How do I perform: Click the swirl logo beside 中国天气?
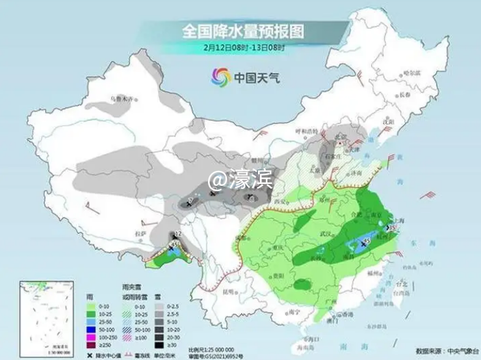(220, 77)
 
